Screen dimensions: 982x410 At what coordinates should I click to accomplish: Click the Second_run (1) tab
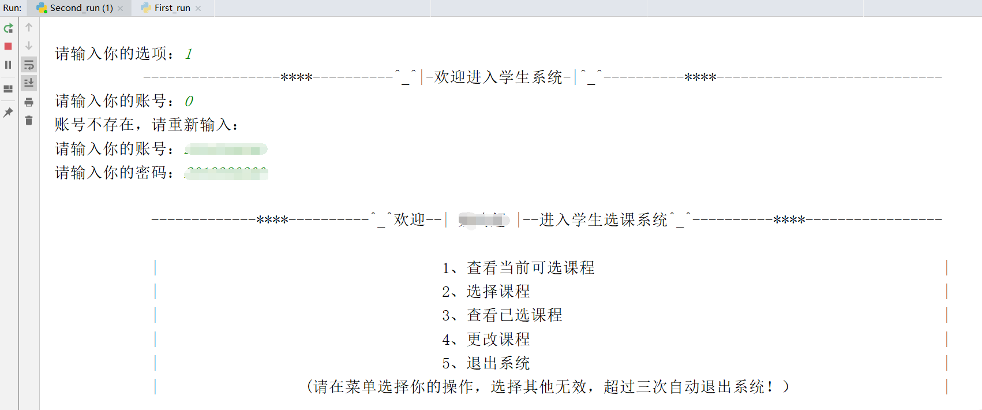(81, 8)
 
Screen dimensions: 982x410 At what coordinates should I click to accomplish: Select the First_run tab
(172, 8)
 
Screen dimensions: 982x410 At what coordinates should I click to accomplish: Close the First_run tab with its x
(198, 8)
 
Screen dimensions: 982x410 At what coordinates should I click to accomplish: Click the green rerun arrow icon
(8, 28)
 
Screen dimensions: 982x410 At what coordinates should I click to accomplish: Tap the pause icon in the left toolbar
(8, 65)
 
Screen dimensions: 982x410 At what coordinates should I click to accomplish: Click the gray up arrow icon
(29, 27)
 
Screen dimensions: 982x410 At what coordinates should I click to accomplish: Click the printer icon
(29, 102)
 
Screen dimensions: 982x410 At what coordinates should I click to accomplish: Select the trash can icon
(29, 120)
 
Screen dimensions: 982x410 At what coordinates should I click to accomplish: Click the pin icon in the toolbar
(8, 113)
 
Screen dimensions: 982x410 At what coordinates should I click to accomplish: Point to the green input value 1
(189, 54)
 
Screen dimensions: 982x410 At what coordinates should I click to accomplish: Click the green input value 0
(189, 102)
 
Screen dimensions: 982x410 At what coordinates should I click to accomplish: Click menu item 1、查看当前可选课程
(518, 268)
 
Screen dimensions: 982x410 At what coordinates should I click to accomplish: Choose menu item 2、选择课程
(486, 292)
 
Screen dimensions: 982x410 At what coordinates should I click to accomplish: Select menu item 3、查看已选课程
(502, 315)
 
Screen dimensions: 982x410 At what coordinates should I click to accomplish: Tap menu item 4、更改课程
(486, 340)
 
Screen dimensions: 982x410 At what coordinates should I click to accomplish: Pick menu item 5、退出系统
(486, 363)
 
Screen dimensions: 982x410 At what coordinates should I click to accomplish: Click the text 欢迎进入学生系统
(499, 77)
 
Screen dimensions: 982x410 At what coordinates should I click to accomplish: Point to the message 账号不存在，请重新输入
(147, 125)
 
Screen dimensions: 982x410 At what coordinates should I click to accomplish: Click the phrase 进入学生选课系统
(603, 220)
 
